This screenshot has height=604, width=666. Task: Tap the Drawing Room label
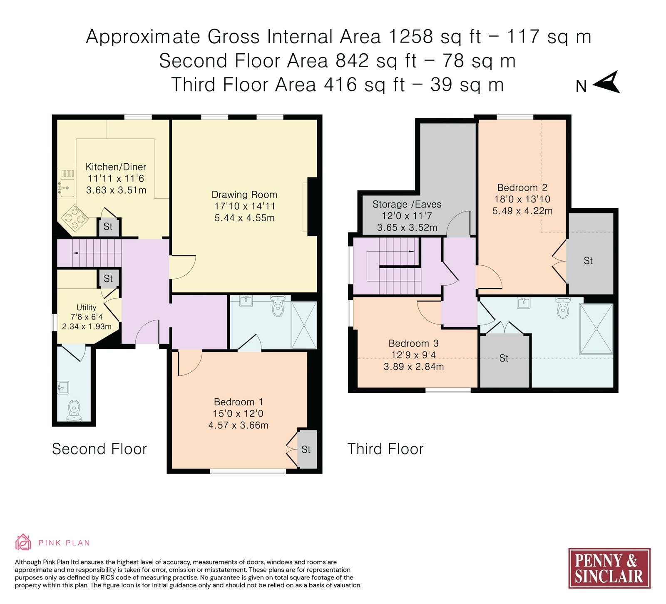244,195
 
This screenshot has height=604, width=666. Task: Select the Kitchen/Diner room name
116,167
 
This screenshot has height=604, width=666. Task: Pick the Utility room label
86,307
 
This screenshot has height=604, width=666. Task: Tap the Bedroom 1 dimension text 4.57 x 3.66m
239,425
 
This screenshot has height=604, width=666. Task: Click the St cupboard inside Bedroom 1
307,449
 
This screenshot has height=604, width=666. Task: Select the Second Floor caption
99,449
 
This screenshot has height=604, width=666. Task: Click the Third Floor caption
385,449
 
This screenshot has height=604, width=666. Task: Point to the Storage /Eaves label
407,205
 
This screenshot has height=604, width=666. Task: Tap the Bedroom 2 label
522,187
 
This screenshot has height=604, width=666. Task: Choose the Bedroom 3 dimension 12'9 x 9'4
414,355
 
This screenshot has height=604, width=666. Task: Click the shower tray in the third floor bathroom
596,329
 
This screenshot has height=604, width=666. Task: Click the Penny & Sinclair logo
609,568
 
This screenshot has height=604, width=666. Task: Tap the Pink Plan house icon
23,542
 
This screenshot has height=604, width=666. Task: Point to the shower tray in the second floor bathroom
304,325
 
